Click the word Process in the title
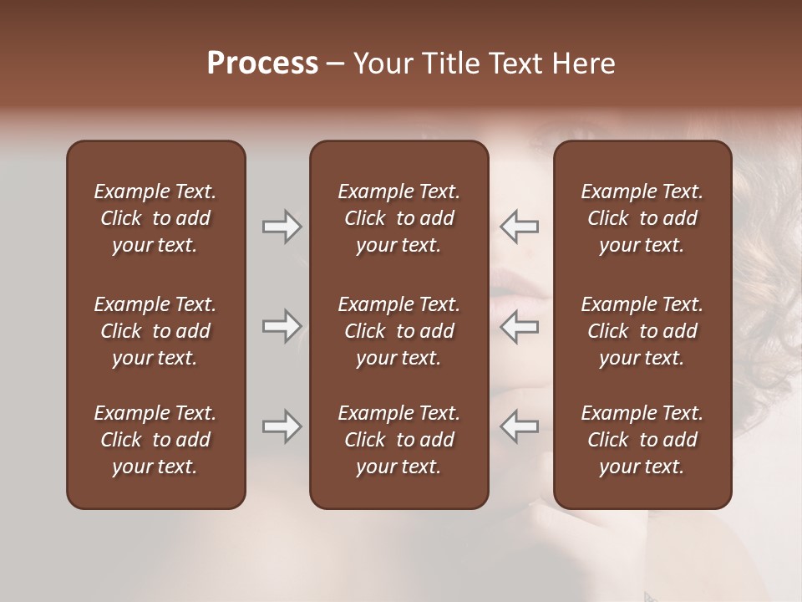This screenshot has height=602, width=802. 262,64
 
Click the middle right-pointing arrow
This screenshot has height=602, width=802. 282,326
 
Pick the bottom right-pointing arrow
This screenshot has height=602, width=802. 282,426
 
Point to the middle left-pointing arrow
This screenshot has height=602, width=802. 520,326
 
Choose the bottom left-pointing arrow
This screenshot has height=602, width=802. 520,426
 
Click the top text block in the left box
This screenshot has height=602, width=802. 155,218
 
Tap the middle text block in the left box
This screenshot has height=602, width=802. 155,331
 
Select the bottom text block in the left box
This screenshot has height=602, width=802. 155,440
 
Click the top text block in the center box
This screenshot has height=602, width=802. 398,218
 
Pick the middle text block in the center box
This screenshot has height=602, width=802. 398,331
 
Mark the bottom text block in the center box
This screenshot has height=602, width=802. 398,440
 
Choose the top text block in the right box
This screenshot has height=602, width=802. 642,218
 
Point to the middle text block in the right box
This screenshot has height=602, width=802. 642,331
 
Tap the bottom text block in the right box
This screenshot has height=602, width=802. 642,440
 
